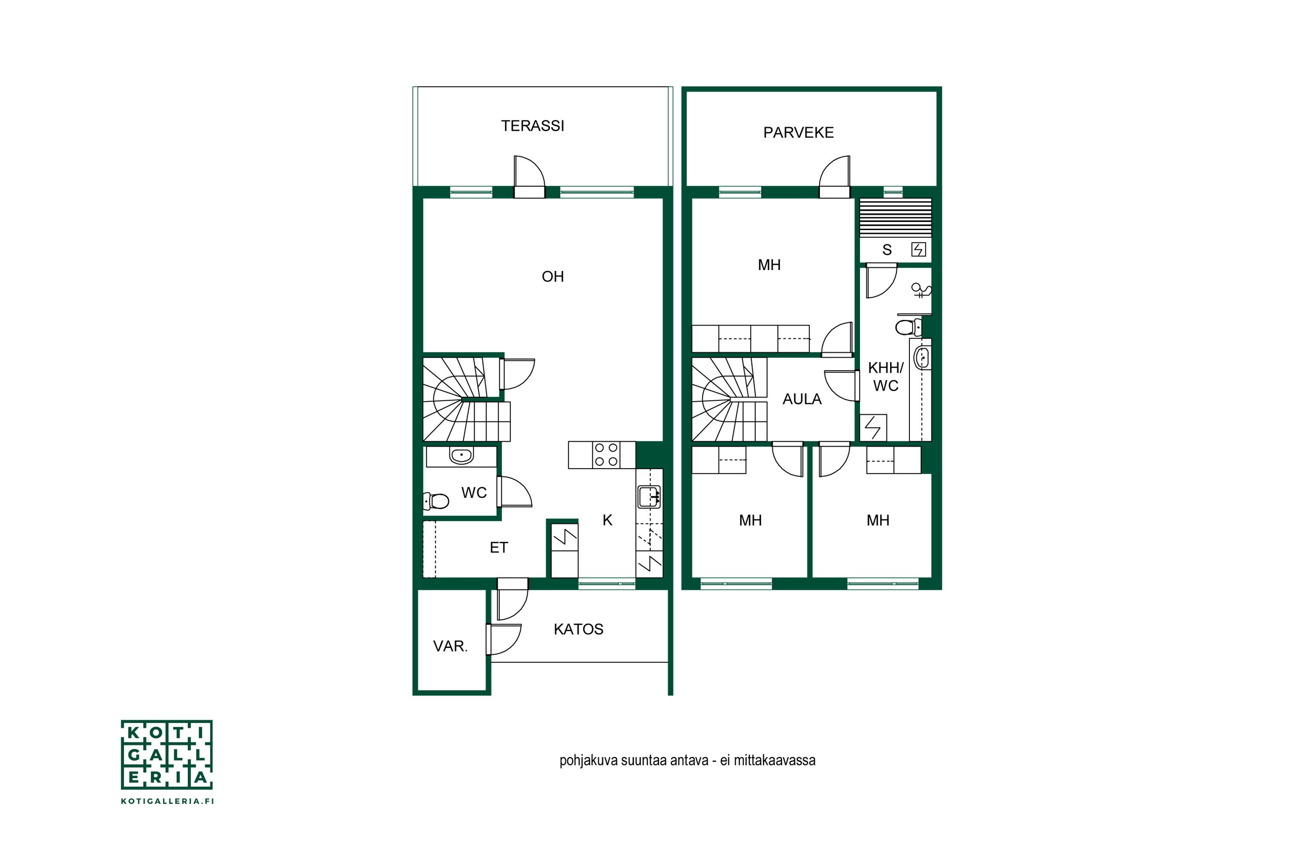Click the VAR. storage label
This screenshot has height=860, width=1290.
(450, 646)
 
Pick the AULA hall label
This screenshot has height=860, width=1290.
(802, 399)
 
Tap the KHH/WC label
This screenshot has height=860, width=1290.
(885, 377)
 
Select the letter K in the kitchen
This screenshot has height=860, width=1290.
(607, 520)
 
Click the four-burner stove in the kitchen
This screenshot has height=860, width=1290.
(606, 455)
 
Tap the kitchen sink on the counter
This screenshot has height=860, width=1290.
(649, 498)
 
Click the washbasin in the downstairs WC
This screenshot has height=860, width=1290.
(461, 455)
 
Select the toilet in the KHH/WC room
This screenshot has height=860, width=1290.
(908, 327)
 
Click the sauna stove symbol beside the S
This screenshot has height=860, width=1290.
(918, 249)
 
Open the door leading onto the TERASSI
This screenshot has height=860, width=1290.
(529, 177)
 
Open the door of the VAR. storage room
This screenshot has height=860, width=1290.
(504, 639)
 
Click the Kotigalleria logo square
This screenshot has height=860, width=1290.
(167, 755)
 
